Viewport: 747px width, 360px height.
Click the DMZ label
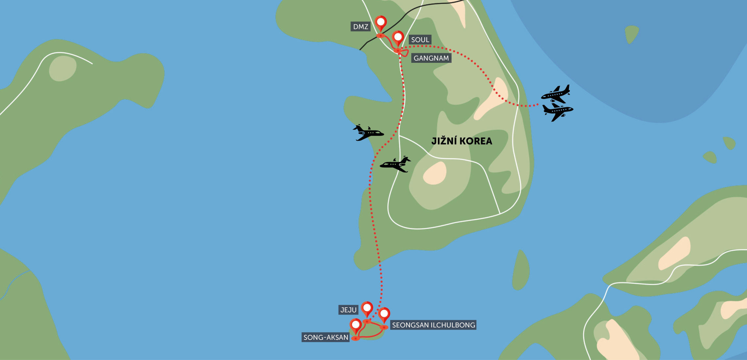(x=361, y=27)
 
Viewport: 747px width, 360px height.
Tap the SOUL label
(x=420, y=40)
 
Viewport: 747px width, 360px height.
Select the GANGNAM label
(x=431, y=58)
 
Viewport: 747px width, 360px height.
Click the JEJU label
(x=348, y=310)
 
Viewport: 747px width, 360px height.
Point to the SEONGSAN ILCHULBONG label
(x=433, y=325)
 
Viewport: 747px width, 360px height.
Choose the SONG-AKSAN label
(x=325, y=337)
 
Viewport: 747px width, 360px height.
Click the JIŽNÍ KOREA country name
(x=461, y=141)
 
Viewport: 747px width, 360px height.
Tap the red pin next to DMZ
(x=381, y=23)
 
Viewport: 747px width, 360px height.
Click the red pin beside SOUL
(x=398, y=38)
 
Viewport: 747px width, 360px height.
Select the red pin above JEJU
(x=367, y=308)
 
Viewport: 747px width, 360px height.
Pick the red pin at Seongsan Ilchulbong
(x=384, y=314)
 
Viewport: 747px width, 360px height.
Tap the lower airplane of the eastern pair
(x=558, y=112)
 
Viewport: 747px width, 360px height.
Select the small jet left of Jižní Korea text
(x=396, y=164)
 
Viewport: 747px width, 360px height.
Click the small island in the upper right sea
(x=631, y=34)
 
